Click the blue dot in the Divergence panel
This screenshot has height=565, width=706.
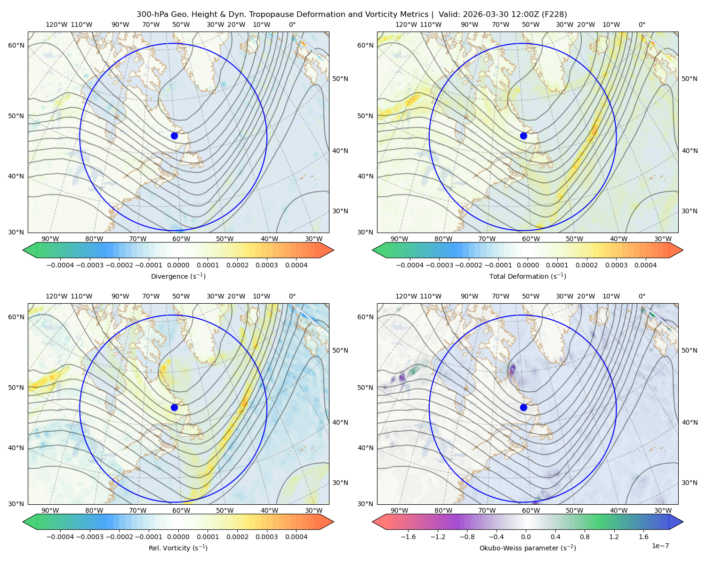[x=174, y=136]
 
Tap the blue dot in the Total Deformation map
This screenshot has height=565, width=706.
[x=523, y=136]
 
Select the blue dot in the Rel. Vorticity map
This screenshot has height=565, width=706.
[x=174, y=407]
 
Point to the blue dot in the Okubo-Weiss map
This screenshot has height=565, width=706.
[x=523, y=407]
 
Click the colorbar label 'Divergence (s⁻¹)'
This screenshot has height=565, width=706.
[x=178, y=276]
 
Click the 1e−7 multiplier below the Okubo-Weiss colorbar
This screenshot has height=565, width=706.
[x=660, y=546]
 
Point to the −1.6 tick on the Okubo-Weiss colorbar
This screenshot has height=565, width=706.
[x=408, y=537]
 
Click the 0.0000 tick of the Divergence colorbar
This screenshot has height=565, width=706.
[x=178, y=265]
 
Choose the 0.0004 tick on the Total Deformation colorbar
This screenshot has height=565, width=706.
[x=645, y=265]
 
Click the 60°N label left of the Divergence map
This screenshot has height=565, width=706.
[x=16, y=45]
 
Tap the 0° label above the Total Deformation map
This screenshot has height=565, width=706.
[x=642, y=24]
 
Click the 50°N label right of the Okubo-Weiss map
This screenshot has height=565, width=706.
[x=690, y=350]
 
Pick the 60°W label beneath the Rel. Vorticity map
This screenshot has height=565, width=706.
[x=181, y=510]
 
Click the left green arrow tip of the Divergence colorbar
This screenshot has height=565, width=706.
[x=23, y=250]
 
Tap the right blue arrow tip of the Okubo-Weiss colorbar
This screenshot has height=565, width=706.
[x=683, y=522]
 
